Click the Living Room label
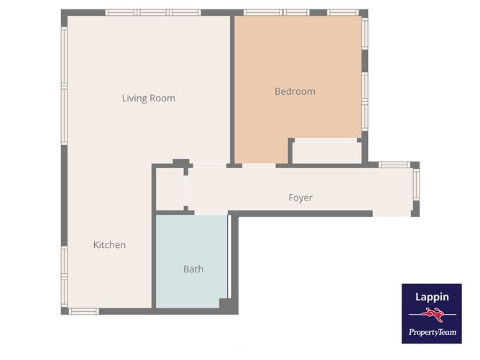click(x=148, y=98)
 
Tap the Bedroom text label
click(x=295, y=91)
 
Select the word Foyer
click(x=300, y=198)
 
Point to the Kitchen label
click(x=109, y=245)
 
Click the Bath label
click(x=193, y=269)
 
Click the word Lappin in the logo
click(x=432, y=296)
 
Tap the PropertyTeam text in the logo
click(x=432, y=331)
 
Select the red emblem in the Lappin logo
click(x=432, y=314)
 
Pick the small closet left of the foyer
click(x=170, y=190)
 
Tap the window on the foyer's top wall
click(x=394, y=165)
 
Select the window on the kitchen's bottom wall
click(x=83, y=311)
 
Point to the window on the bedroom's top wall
click(x=300, y=12)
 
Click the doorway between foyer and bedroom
click(x=259, y=166)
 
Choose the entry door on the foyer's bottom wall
click(x=392, y=213)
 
